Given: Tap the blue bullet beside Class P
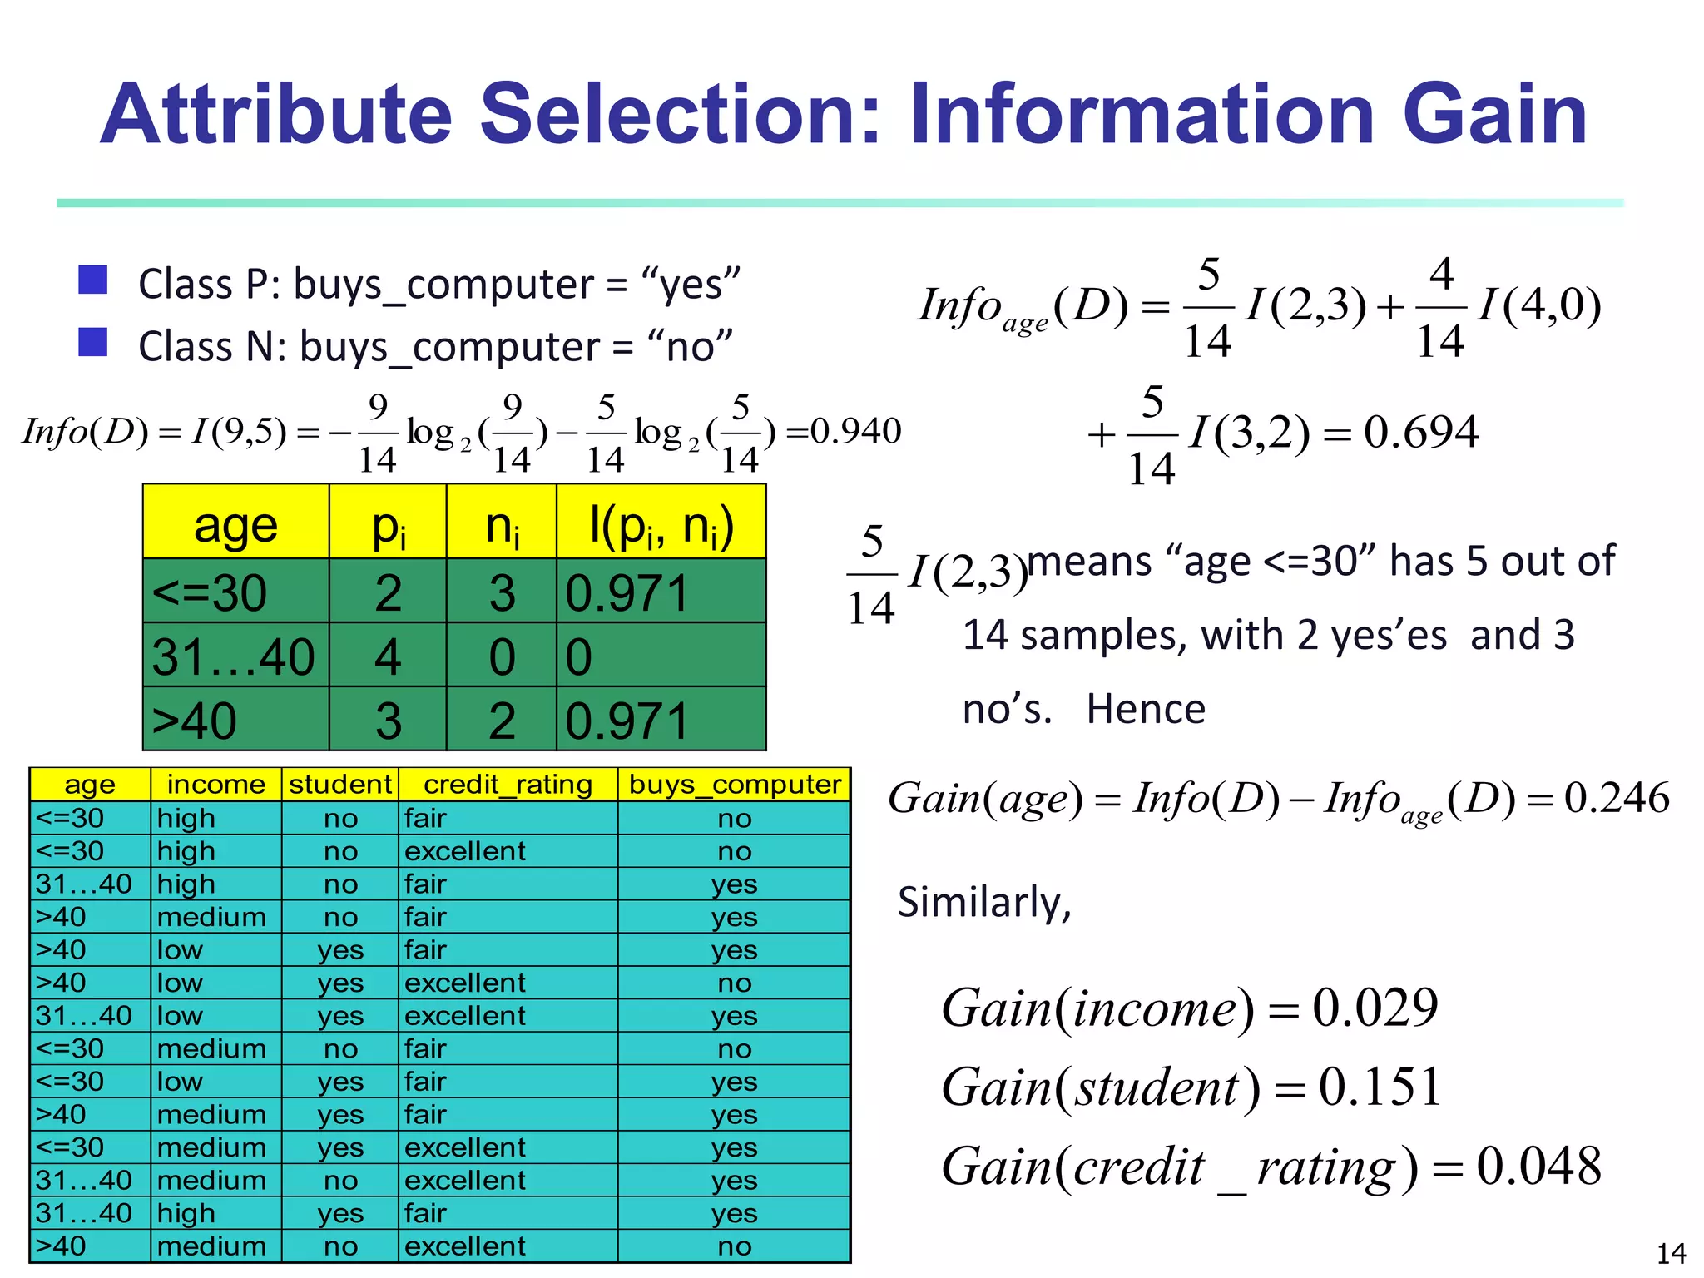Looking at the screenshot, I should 92,280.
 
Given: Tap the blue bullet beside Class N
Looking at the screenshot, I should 92,342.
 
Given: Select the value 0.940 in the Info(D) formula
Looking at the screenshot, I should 855,431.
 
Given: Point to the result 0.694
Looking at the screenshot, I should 1420,432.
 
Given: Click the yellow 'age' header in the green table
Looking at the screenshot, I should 235,524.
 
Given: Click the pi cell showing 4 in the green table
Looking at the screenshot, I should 388,656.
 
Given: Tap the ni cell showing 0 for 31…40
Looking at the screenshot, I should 502,656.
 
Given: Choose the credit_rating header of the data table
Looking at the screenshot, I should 508,785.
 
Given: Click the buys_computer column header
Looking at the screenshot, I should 735,785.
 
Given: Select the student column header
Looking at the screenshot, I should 340,785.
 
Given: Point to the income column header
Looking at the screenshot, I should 215,785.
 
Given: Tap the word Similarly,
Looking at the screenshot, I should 984,903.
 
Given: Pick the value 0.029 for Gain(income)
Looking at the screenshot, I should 1375,1008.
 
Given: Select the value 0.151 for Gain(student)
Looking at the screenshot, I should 1380,1087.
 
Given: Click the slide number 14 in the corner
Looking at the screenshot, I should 1671,1253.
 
